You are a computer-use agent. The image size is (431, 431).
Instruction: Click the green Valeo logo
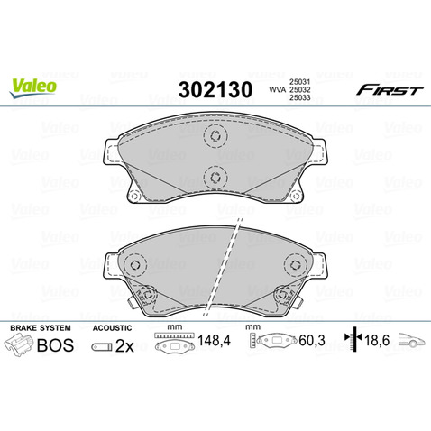point(32,87)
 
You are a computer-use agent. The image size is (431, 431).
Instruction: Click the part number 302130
point(215,90)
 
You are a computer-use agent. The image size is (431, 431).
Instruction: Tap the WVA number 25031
point(299,81)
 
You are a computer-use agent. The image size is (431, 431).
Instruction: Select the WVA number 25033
point(299,97)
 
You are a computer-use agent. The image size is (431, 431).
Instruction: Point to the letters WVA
point(277,89)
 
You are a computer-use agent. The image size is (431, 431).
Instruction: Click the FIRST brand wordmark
point(390,89)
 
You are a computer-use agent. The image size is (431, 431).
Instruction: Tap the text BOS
point(55,345)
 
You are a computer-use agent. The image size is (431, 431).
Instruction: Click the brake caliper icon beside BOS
point(19,345)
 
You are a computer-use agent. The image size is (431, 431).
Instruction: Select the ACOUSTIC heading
point(112,328)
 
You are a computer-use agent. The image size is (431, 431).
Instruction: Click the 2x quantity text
point(124,346)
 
